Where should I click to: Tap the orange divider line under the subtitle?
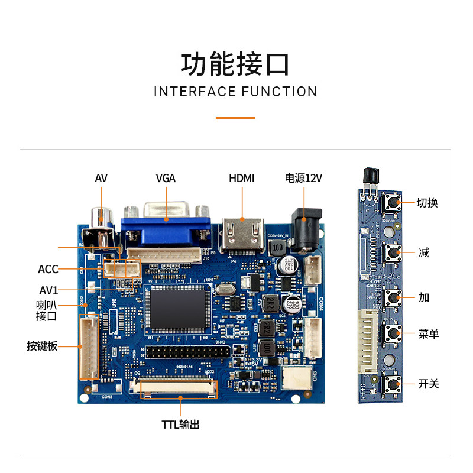coord(235,118)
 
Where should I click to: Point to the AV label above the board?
coord(101,178)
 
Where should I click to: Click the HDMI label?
coord(242,178)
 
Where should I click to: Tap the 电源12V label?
coord(303,178)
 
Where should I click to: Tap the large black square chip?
coord(178,307)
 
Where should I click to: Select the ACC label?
coord(48,270)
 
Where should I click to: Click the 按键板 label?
coord(42,346)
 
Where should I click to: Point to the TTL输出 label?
coord(181,425)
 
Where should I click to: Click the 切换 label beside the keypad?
coord(427,203)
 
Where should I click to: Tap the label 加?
coord(424,297)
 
